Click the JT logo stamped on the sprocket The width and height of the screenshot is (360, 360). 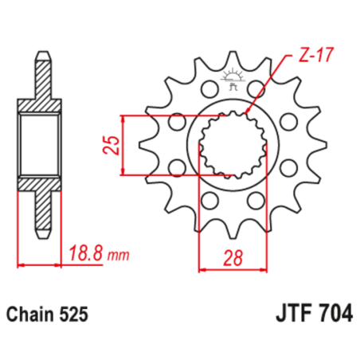(234, 79)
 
